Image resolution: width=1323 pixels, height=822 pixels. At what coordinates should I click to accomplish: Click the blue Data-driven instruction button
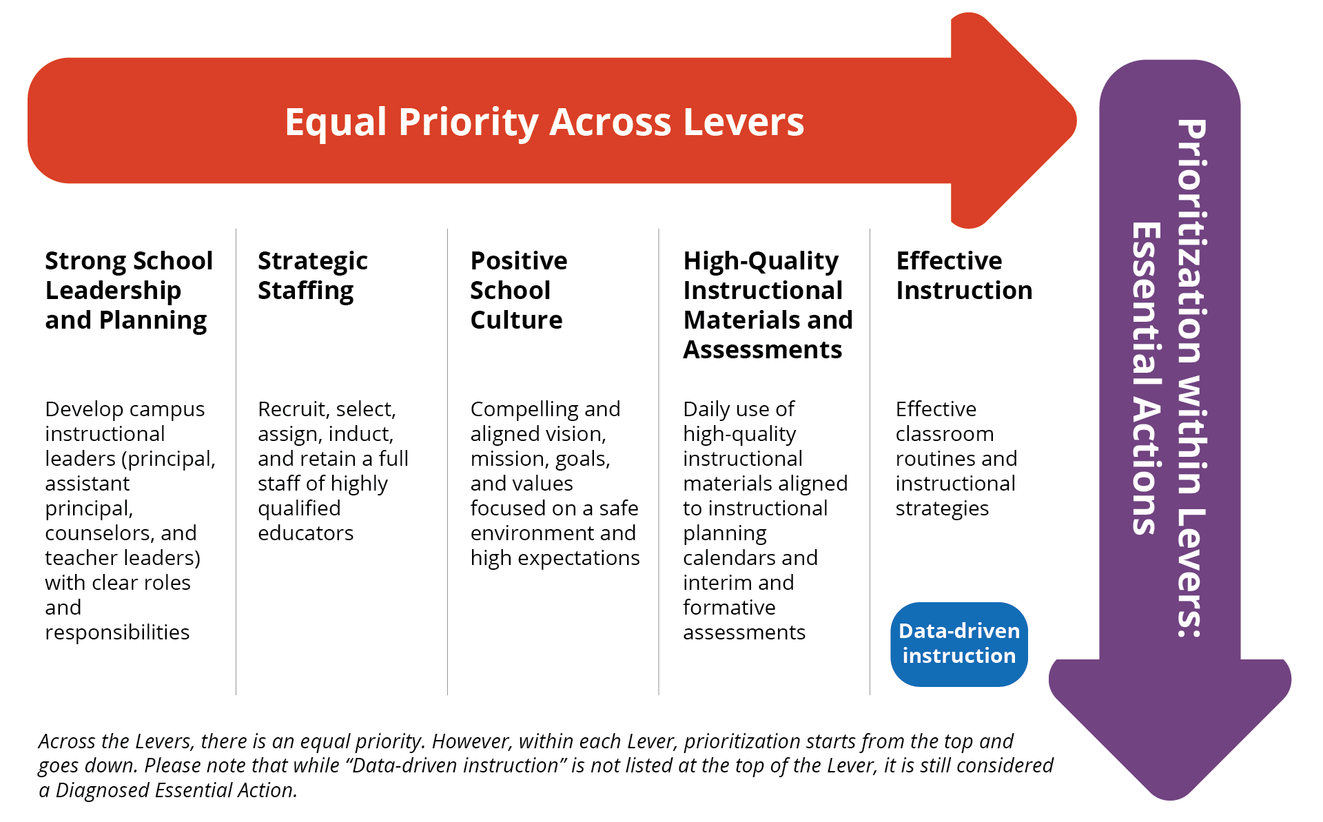(x=958, y=644)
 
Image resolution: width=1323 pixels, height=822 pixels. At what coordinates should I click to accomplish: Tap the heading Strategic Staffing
(x=312, y=276)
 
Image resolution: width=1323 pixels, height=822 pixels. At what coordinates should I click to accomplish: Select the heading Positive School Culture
(x=518, y=290)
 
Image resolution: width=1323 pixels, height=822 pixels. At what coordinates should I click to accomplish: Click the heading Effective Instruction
(x=963, y=276)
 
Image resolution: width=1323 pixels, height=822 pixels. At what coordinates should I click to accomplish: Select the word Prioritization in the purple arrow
(x=1191, y=241)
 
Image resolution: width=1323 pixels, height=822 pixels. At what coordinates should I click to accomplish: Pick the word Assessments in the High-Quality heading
(x=762, y=350)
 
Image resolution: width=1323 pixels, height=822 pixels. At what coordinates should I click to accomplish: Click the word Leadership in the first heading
(x=113, y=291)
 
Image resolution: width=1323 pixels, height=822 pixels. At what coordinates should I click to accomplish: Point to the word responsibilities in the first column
(x=117, y=633)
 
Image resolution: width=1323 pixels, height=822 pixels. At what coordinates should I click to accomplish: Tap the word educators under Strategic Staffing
(x=305, y=533)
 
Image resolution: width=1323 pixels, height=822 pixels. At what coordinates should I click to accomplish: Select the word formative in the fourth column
(x=729, y=608)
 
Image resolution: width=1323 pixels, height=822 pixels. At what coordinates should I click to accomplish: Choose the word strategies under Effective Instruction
(x=942, y=508)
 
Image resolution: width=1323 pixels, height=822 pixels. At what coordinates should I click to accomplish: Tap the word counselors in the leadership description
(x=99, y=533)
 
